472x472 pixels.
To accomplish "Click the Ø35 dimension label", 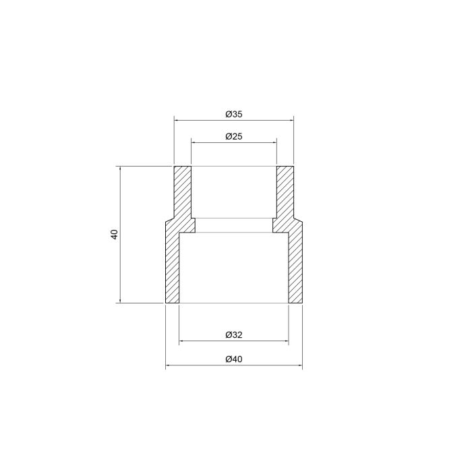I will point(233,114).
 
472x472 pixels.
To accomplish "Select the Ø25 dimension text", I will point(233,136).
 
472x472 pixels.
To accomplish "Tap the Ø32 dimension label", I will point(233,335).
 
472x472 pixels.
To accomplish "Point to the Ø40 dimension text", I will point(233,359).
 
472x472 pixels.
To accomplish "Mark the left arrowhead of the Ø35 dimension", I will point(177,121).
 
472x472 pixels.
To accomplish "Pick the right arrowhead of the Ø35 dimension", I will point(291,121).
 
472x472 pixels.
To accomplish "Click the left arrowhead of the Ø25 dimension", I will point(194,142).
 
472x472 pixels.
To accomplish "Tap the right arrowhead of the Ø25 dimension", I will point(274,142).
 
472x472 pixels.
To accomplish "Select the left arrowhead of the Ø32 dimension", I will point(181,342).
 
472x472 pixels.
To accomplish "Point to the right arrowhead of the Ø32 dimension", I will point(286,342).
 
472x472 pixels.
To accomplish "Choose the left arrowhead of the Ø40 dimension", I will point(169,367).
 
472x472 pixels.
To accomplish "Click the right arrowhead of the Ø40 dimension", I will point(299,367).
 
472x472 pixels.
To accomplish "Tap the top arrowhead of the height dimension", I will point(120,169).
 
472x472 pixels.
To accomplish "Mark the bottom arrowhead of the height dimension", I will point(120,301).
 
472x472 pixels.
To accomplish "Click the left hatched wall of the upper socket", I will point(183,192).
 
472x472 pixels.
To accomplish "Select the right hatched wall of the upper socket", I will point(285,192).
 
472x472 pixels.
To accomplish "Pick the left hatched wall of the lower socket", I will point(172,266).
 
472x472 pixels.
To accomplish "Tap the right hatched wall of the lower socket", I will point(295,266).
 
